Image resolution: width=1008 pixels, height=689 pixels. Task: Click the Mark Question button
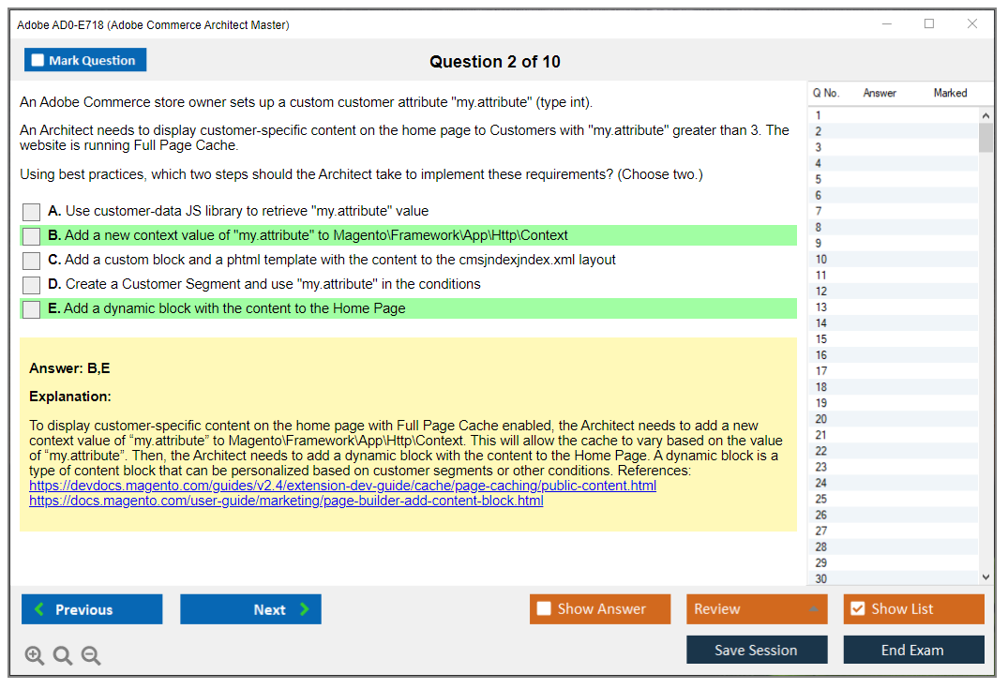(x=84, y=60)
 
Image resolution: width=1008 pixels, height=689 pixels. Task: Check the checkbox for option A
(x=32, y=212)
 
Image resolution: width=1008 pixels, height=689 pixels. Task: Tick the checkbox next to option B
(x=32, y=236)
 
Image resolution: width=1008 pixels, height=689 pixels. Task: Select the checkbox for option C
(x=32, y=261)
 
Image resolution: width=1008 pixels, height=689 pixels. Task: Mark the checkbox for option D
(x=32, y=285)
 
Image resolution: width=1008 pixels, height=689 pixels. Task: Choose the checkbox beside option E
(x=32, y=309)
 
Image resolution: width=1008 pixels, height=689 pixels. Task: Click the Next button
(x=250, y=609)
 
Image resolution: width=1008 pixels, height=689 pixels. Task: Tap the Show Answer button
(x=600, y=608)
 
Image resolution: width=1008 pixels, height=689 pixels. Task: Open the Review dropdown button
(x=757, y=608)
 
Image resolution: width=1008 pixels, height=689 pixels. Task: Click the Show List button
(x=913, y=608)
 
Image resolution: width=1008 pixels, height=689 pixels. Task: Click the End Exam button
(x=913, y=650)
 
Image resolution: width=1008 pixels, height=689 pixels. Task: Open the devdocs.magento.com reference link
(x=342, y=486)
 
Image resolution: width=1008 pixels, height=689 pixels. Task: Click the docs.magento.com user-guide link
(x=286, y=501)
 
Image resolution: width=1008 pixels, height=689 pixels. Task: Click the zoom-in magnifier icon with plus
(x=35, y=655)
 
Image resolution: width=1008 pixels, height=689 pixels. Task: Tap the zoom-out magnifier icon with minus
(x=91, y=655)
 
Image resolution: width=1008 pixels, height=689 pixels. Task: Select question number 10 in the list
(x=821, y=259)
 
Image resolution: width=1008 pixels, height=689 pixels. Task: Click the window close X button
(x=972, y=23)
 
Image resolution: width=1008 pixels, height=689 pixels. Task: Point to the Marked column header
(x=950, y=93)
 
